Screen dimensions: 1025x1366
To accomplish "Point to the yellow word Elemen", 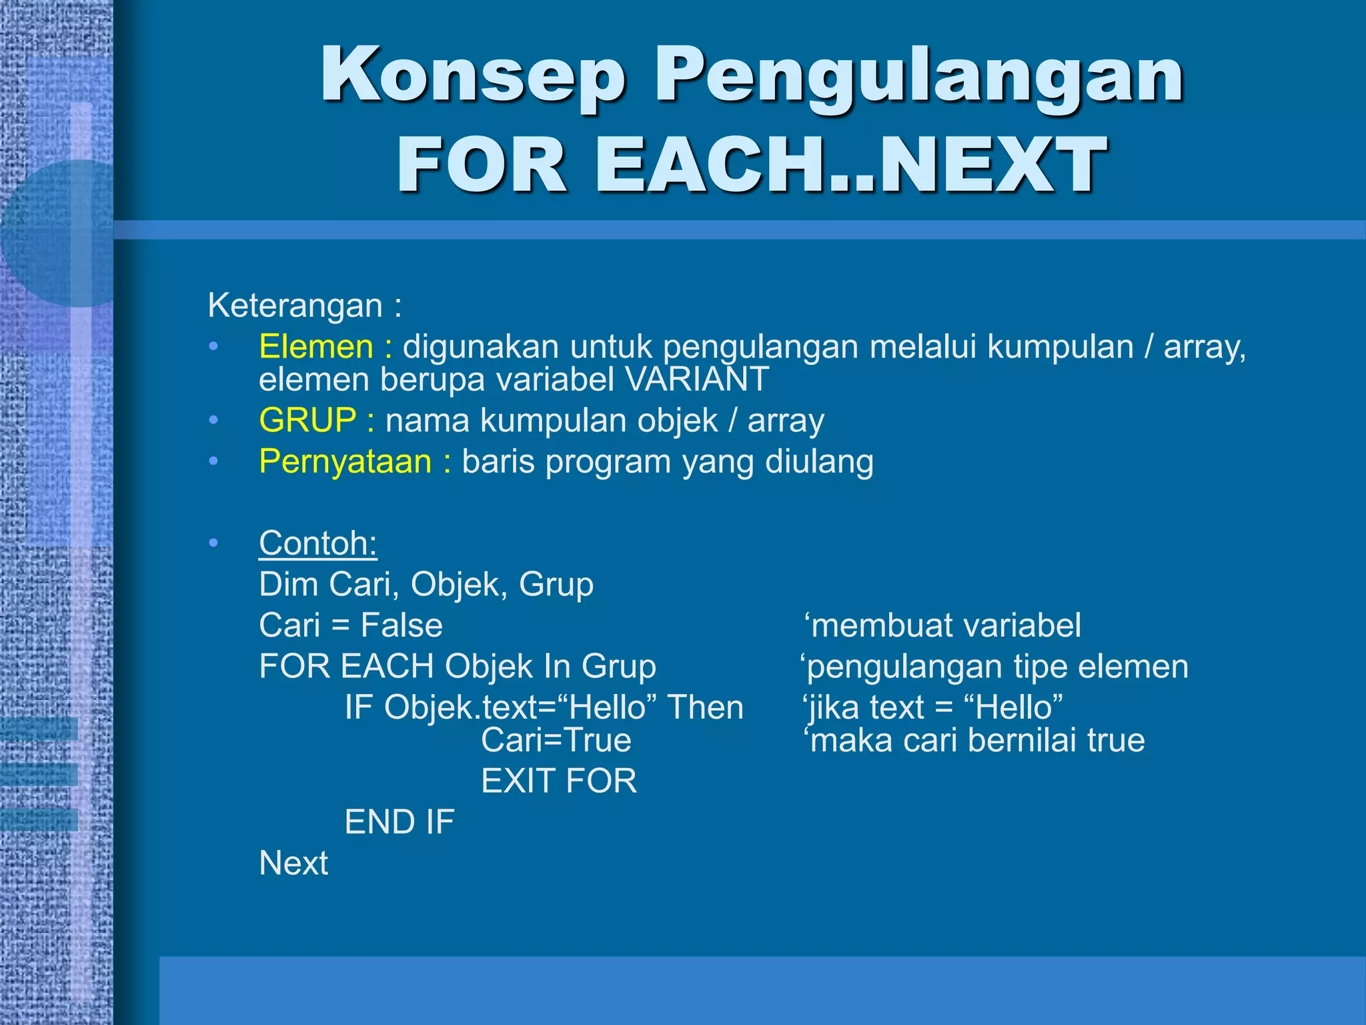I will coord(316,347).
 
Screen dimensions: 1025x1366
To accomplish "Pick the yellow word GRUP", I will coord(307,420).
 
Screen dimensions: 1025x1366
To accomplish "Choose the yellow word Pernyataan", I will coord(345,462).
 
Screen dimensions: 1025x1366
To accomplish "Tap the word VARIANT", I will coord(697,380).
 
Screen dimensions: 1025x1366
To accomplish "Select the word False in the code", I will coord(402,626).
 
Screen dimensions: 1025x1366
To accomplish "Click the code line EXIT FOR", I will coord(559,781).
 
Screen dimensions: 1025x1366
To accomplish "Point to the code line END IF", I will coord(399,822).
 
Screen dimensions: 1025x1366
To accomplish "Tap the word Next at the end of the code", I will coord(293,864).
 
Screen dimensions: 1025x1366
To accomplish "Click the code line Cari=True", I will coord(556,740).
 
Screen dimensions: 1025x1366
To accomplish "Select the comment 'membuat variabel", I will coord(942,626).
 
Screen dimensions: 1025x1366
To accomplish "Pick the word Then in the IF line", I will coord(705,707).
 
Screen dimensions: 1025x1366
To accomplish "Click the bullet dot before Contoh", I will coord(213,543).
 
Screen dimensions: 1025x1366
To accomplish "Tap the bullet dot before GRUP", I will coord(213,420).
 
